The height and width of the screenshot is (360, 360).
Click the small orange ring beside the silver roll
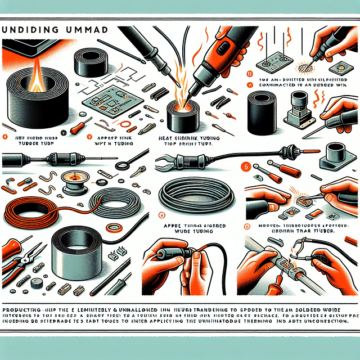point(112,228)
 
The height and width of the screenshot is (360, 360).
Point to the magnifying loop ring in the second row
point(121,165)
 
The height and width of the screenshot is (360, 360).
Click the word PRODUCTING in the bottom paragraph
point(23,310)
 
